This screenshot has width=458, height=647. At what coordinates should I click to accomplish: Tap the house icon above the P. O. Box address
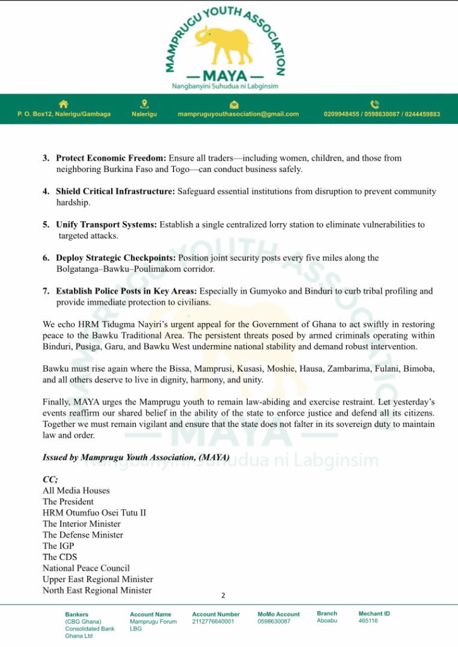pyautogui.click(x=63, y=104)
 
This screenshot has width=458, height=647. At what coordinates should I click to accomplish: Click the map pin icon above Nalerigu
pyautogui.click(x=144, y=104)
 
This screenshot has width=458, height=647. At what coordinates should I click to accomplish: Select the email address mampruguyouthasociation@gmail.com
pyautogui.click(x=238, y=114)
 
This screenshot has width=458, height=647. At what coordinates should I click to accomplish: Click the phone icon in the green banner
pyautogui.click(x=375, y=104)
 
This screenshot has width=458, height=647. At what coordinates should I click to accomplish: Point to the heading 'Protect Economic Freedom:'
pyautogui.click(x=111, y=158)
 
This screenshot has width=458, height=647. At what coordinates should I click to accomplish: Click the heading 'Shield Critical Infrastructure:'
pyautogui.click(x=116, y=191)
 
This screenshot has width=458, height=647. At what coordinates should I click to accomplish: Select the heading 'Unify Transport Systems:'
pyautogui.click(x=107, y=224)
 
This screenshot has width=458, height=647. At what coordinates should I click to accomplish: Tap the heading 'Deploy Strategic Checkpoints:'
pyautogui.click(x=116, y=258)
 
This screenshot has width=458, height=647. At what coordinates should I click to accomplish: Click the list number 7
pyautogui.click(x=46, y=291)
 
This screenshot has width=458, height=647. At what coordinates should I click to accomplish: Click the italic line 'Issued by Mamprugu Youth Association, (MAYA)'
pyautogui.click(x=136, y=457)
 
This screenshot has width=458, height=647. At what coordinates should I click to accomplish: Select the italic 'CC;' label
pyautogui.click(x=50, y=480)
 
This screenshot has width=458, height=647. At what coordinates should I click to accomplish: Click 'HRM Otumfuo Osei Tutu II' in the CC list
pyautogui.click(x=94, y=512)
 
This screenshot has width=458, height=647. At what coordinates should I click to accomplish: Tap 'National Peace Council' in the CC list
pyautogui.click(x=86, y=568)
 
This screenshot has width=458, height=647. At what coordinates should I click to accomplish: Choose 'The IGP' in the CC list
pyautogui.click(x=58, y=546)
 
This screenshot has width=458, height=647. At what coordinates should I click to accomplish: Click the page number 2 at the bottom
pyautogui.click(x=223, y=595)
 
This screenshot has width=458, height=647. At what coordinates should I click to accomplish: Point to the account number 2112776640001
pyautogui.click(x=213, y=621)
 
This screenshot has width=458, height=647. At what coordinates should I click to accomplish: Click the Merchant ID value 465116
pyautogui.click(x=368, y=621)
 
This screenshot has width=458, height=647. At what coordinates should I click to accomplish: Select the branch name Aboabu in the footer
pyautogui.click(x=327, y=621)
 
